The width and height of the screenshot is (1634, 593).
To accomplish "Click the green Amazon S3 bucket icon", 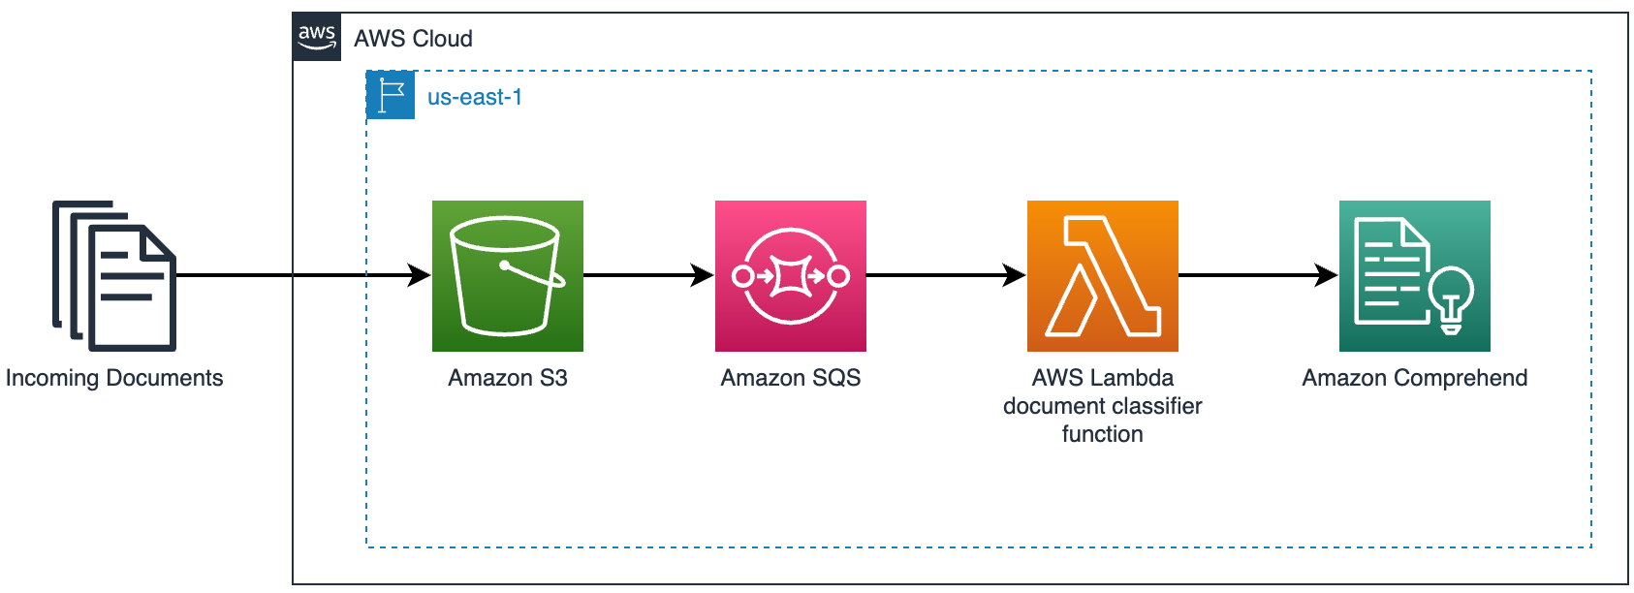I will click(507, 276).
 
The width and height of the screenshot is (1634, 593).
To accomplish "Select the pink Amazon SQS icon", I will click(790, 276).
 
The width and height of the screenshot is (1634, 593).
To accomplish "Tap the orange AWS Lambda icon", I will click(1102, 276).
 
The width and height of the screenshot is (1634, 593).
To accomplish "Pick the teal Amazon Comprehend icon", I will click(1414, 276).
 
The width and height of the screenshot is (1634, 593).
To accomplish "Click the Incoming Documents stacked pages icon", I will click(114, 276).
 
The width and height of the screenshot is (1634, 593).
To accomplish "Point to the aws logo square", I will click(317, 37).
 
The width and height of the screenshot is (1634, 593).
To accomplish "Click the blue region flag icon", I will click(391, 95).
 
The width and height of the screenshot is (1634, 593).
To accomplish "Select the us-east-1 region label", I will click(474, 97).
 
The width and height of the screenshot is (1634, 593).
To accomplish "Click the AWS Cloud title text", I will click(413, 39).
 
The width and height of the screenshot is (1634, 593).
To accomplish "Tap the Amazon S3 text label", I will click(507, 378).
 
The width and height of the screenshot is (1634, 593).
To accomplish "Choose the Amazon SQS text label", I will click(790, 378).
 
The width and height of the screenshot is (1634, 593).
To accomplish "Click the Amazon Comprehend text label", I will click(1414, 378).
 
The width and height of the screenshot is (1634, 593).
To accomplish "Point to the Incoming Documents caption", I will click(114, 378).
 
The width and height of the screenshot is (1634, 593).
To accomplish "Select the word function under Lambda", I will click(1102, 434).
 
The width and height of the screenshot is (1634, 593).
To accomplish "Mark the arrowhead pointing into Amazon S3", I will click(420, 275).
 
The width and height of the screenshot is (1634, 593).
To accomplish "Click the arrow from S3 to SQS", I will click(647, 275).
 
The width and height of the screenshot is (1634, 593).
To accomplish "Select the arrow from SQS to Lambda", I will click(945, 275).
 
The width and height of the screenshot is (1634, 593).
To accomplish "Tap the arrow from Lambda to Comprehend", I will click(1257, 275).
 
